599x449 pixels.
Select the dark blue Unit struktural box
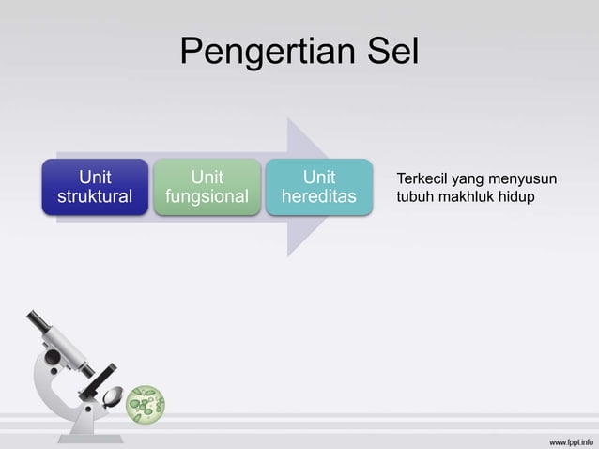point(95,187)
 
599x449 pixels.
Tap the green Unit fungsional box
point(207,187)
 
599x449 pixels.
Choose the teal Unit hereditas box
point(318,187)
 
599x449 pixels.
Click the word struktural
point(95,197)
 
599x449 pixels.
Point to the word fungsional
point(207,197)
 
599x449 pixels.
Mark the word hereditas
point(318,197)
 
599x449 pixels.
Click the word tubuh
point(415,197)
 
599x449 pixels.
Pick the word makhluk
point(467,197)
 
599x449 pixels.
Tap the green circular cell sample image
point(146,404)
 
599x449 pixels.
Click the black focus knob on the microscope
point(109,369)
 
